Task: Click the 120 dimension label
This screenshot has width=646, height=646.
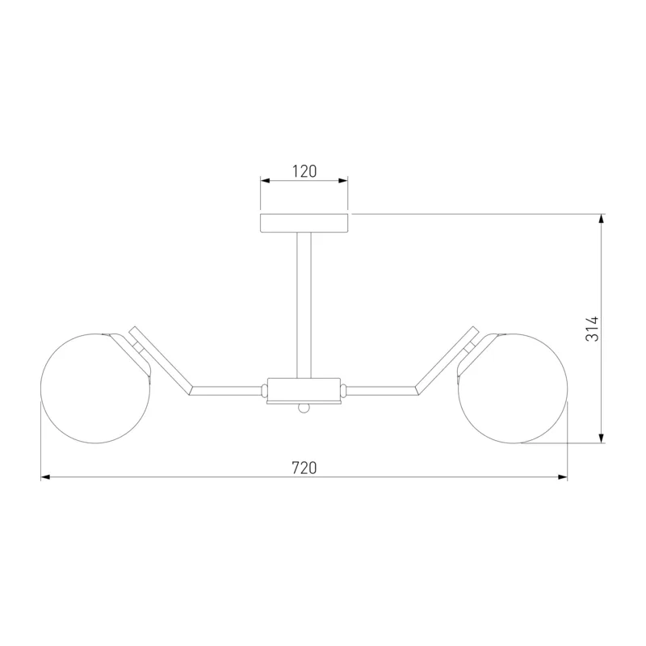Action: (x=304, y=171)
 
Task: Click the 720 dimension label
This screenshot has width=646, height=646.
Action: (x=304, y=468)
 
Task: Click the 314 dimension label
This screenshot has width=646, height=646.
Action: (x=592, y=329)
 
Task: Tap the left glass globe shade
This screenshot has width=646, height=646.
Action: (x=95, y=388)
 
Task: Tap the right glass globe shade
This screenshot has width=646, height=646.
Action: (x=513, y=388)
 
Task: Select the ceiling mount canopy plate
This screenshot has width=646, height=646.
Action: (x=304, y=223)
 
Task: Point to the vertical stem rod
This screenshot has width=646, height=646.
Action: (x=304, y=305)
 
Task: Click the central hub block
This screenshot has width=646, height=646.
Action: (x=304, y=389)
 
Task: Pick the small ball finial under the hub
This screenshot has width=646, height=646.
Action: (x=304, y=408)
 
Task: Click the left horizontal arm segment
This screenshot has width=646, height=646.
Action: (x=226, y=390)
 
